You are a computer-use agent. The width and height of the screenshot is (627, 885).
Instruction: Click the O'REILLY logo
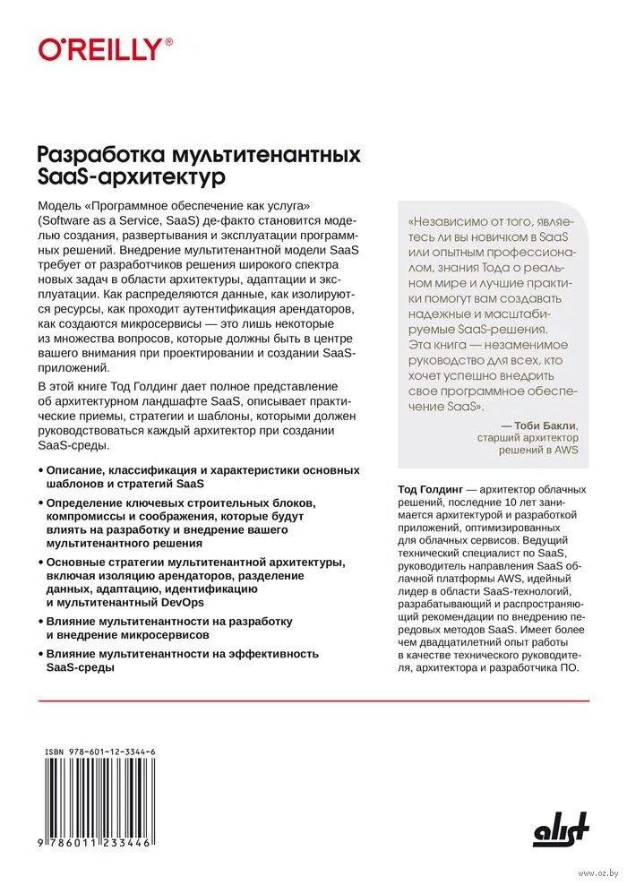click(x=100, y=48)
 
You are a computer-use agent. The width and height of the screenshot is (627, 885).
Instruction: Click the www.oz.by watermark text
click(x=598, y=872)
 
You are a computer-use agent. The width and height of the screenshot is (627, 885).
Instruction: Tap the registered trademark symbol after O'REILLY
click(x=169, y=41)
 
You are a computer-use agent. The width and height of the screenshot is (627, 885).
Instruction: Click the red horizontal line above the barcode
click(x=313, y=700)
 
